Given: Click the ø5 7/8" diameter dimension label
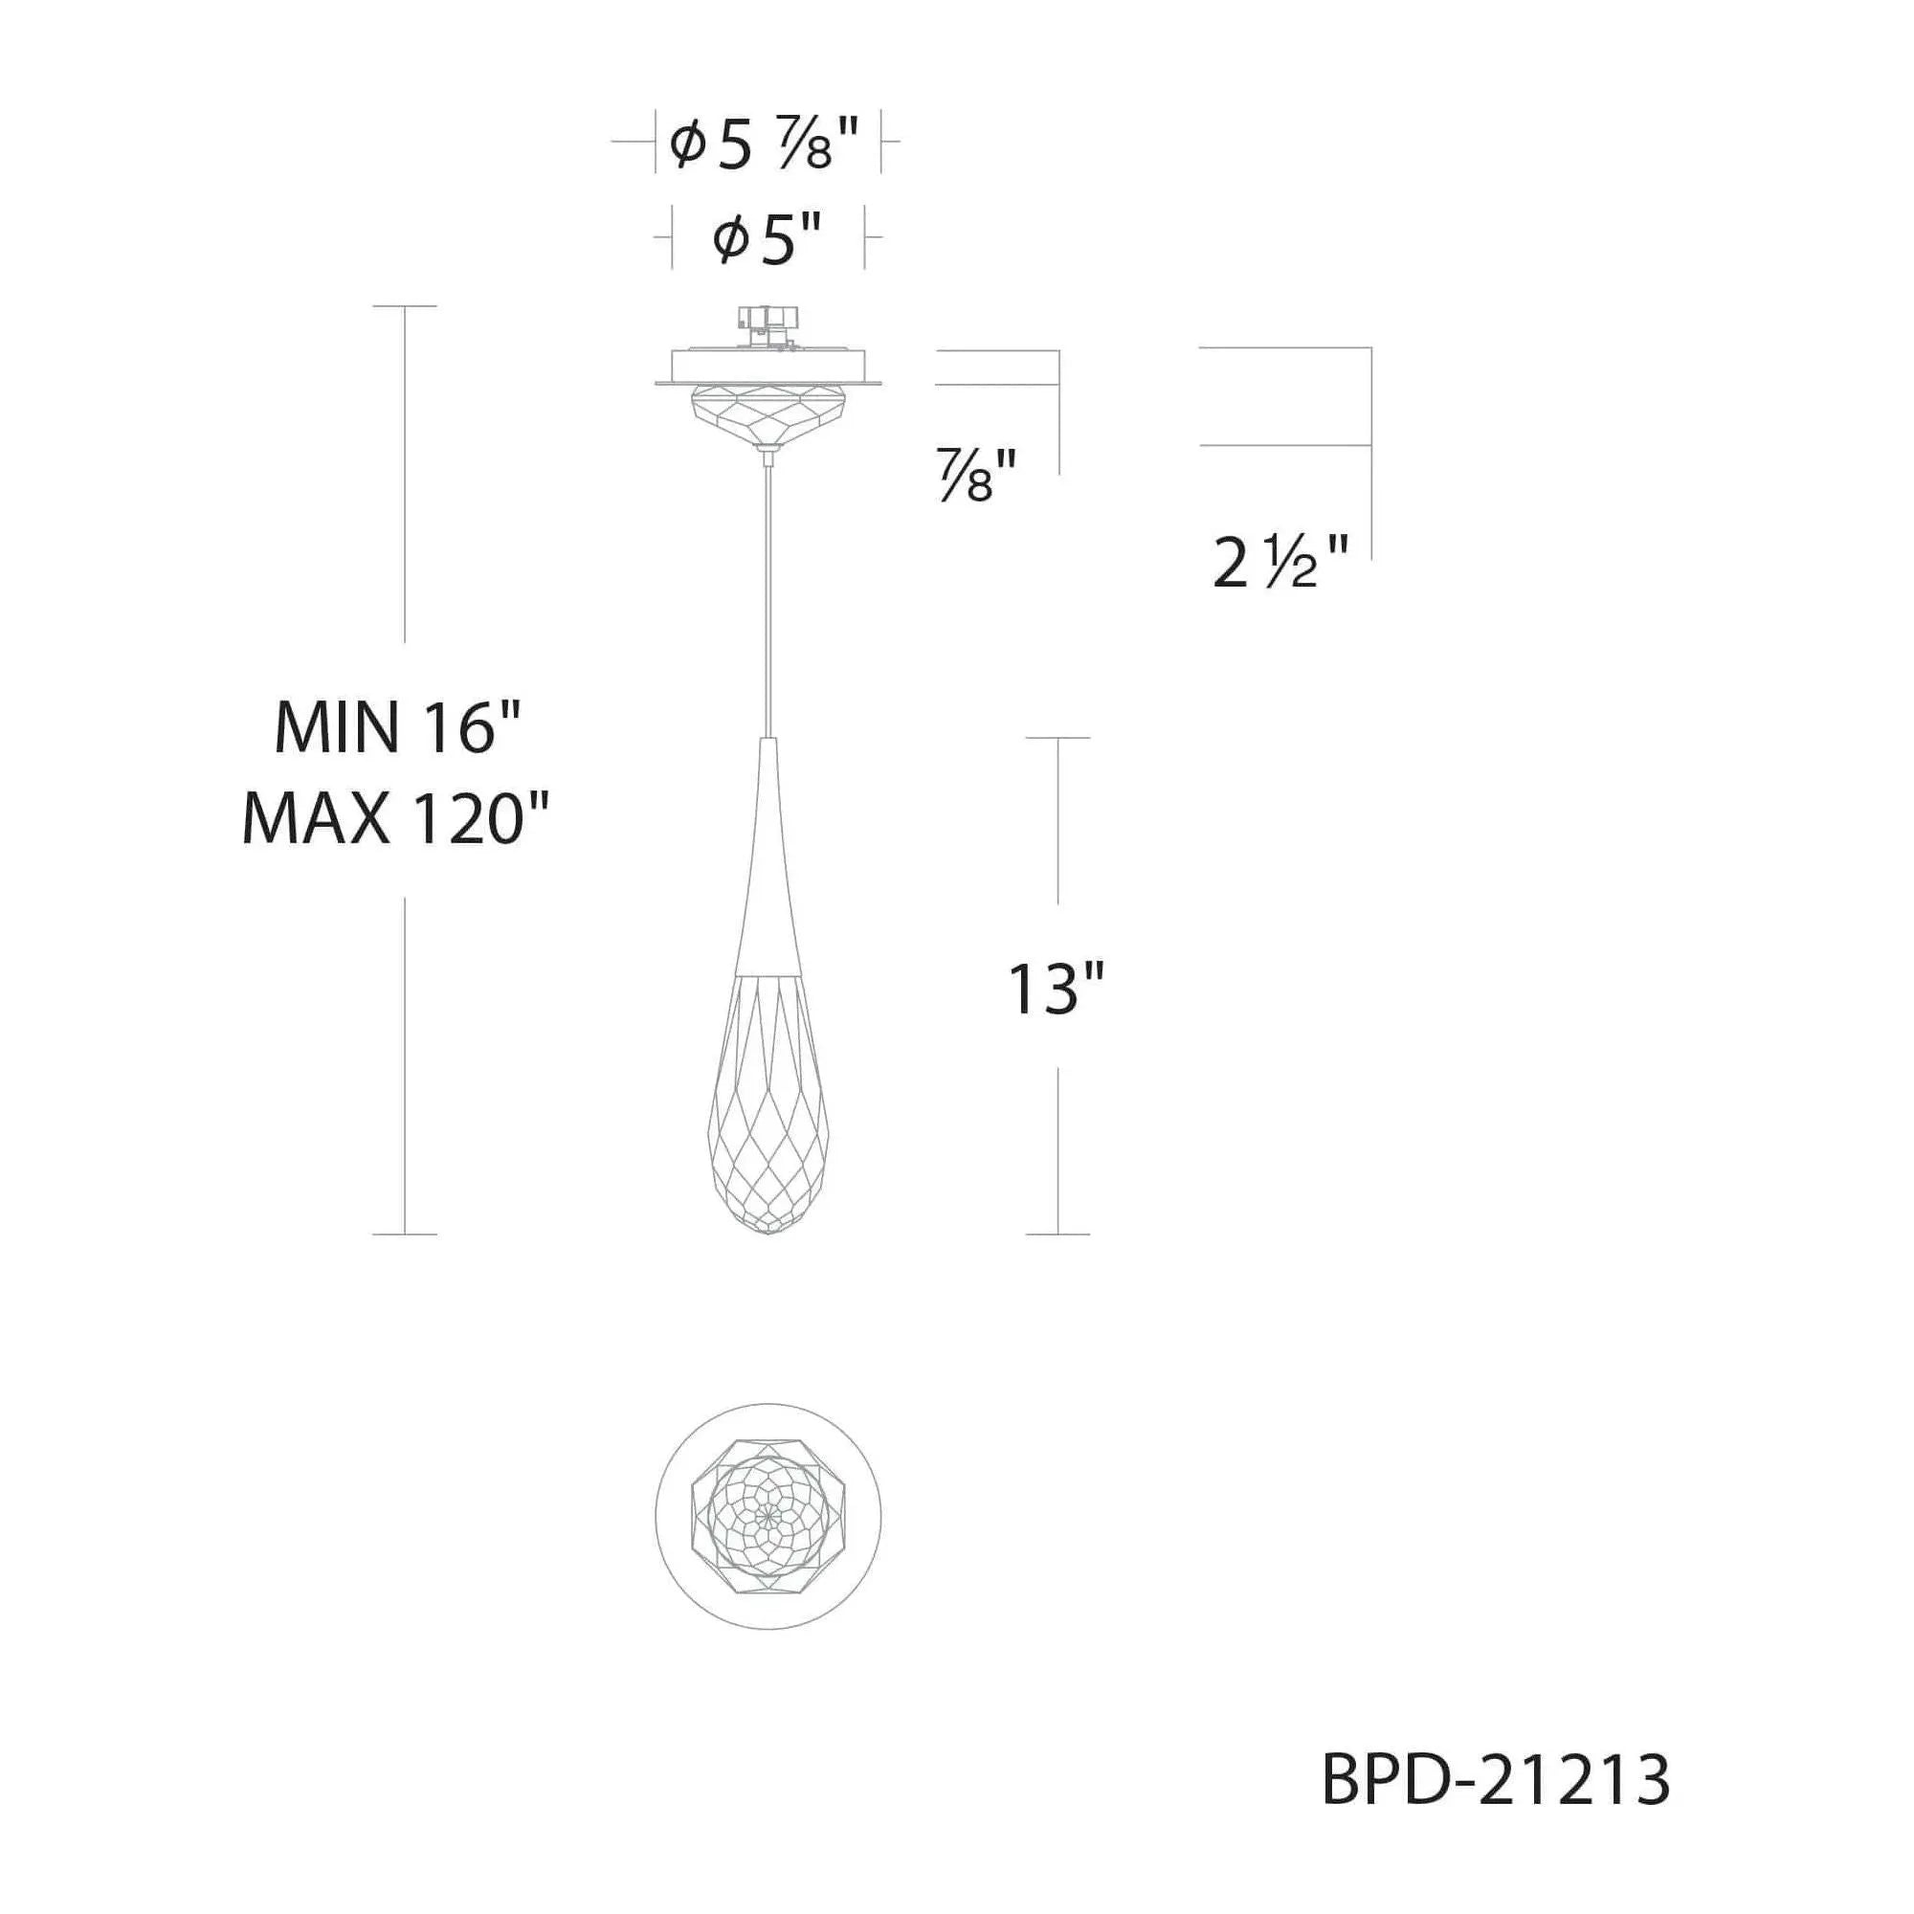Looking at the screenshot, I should pos(764,145).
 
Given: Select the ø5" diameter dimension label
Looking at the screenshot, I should pos(768,241).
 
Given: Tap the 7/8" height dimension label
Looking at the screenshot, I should pos(976,477).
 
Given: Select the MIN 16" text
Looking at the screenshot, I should pos(396,727).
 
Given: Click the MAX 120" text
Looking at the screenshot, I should pos(396,820).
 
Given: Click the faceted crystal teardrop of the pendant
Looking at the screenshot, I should pos(768,1109).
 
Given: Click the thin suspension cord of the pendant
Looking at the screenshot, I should pos(768,594).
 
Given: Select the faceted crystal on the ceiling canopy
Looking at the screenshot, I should pos(768,416).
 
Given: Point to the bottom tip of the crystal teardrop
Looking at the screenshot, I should pos(769,1233).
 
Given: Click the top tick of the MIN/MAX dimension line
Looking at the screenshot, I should pos(404,306).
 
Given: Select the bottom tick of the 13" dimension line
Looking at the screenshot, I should pos(1058,1235).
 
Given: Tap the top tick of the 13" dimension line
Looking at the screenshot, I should pos(1058,738).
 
